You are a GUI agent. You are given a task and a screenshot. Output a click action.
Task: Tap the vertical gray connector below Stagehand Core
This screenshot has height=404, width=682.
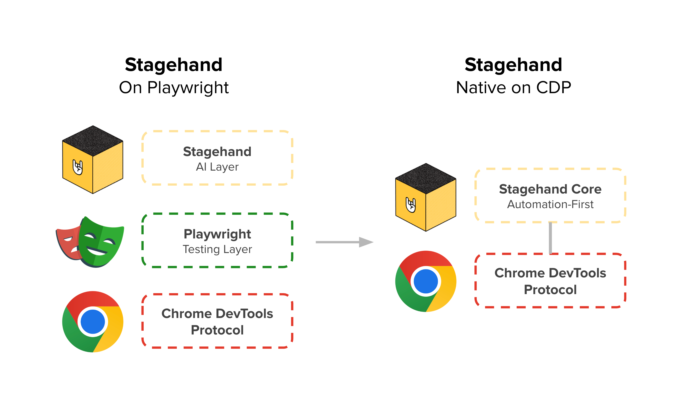(550, 238)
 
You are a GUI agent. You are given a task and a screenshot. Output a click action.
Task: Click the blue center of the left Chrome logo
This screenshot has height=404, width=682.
(93, 322)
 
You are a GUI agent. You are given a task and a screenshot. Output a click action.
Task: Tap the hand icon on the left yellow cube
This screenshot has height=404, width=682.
(78, 167)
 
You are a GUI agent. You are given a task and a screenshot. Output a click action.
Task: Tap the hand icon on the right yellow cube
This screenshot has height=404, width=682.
(411, 205)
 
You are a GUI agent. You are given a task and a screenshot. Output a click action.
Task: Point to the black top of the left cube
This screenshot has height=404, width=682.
(93, 140)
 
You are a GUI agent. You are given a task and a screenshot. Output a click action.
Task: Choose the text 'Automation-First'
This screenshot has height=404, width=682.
(550, 204)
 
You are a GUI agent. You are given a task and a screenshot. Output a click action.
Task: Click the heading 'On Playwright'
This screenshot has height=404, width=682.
(174, 87)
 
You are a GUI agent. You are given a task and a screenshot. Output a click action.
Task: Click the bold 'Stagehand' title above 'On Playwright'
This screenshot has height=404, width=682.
(174, 65)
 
